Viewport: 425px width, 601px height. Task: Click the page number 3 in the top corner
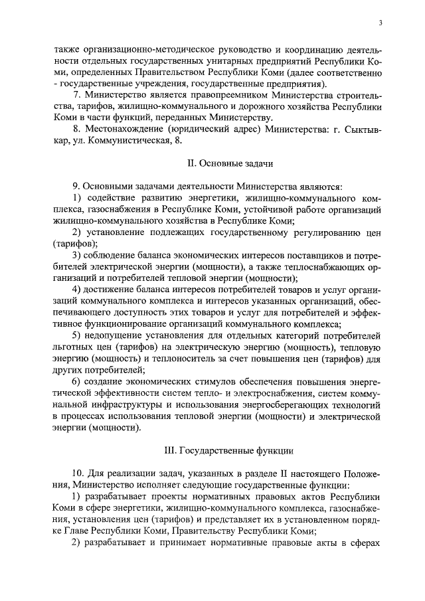pos(381,23)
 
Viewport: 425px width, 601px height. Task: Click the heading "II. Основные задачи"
pos(228,162)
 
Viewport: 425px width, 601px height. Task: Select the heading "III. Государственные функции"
pos(228,450)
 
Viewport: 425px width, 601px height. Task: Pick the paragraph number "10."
pos(78,473)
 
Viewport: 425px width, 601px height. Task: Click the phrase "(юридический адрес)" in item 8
pos(215,129)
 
